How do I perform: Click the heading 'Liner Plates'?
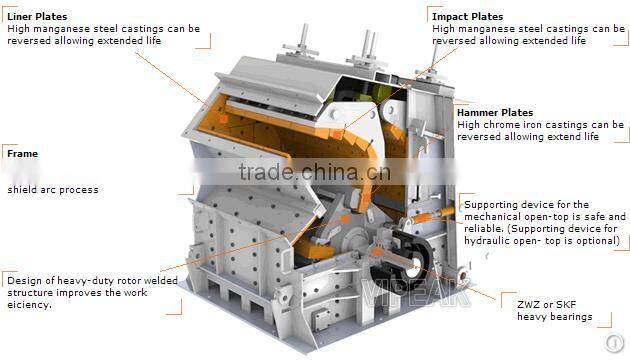tap(36, 17)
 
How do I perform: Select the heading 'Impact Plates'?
tap(467, 17)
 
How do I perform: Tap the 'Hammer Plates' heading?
tap(494, 113)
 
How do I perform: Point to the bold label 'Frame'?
tap(22, 154)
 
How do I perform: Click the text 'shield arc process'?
tap(53, 189)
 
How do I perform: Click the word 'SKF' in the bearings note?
tap(568, 303)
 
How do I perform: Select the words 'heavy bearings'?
tap(554, 317)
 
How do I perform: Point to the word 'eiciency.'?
tap(31, 305)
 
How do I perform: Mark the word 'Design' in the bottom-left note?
tap(24, 281)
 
